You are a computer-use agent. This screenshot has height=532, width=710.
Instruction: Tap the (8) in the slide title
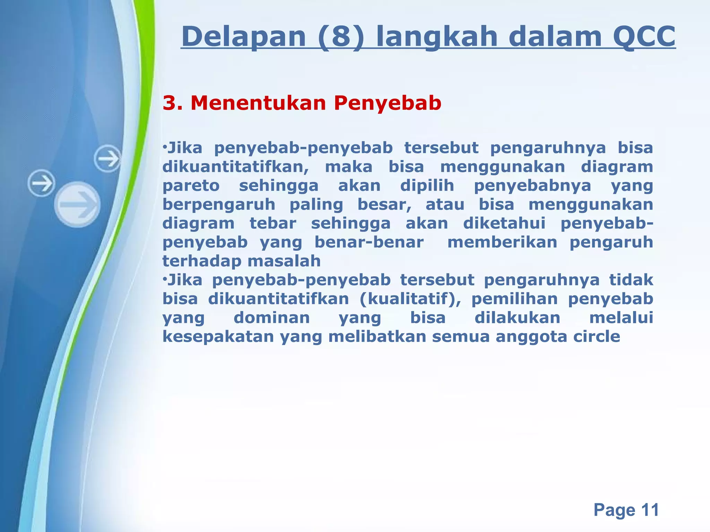pyautogui.click(x=341, y=37)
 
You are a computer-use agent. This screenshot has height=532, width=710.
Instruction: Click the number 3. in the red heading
pyautogui.click(x=173, y=103)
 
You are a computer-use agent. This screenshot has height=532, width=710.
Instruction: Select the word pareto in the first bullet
pyautogui.click(x=191, y=186)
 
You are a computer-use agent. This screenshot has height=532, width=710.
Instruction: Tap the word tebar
pyautogui.click(x=273, y=223)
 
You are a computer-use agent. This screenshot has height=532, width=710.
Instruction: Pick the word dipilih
pyautogui.click(x=427, y=186)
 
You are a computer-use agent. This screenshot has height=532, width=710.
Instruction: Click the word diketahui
pyautogui.click(x=504, y=223)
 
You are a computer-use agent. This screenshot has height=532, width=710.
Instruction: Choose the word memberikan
pyautogui.click(x=502, y=242)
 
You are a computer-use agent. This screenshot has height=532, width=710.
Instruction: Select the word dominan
pyautogui.click(x=272, y=318)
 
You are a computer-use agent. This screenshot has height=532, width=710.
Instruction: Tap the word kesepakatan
pyautogui.click(x=218, y=337)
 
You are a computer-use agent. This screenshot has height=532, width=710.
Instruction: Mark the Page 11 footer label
pyautogui.click(x=626, y=510)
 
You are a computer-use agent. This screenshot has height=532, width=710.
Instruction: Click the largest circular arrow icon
pyautogui.click(x=78, y=205)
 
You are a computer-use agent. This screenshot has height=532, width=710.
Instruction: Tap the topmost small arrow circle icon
pyautogui.click(x=107, y=159)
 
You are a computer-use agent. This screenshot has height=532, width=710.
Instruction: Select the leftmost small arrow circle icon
pyautogui.click(x=42, y=183)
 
